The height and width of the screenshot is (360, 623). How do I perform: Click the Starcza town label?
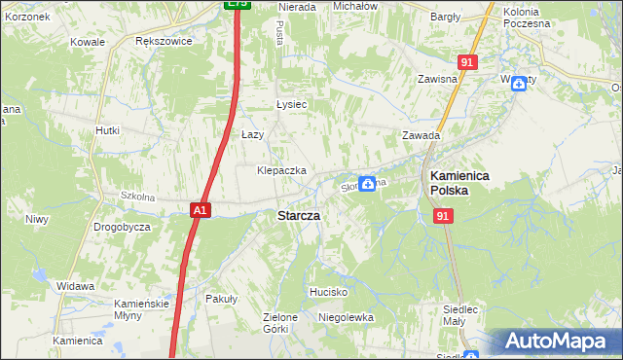pyautogui.click(x=300, y=215)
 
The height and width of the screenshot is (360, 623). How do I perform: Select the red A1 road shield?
pyautogui.click(x=200, y=209)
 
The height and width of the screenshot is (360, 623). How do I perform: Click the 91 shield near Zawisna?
pyautogui.click(x=468, y=62)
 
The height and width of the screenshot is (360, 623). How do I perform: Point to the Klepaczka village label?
pyautogui.click(x=281, y=170)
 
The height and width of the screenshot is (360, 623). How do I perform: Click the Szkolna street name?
pyautogui.click(x=139, y=197)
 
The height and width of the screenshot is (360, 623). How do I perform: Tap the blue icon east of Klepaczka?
pyautogui.click(x=367, y=183)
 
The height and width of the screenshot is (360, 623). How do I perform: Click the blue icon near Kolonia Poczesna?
pyautogui.click(x=519, y=85)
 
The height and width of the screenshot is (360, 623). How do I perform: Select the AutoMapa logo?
pyautogui.click(x=555, y=342)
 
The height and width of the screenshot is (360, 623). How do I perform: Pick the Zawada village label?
pyautogui.click(x=421, y=136)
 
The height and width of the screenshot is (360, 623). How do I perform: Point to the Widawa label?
pyautogui.click(x=75, y=287)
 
